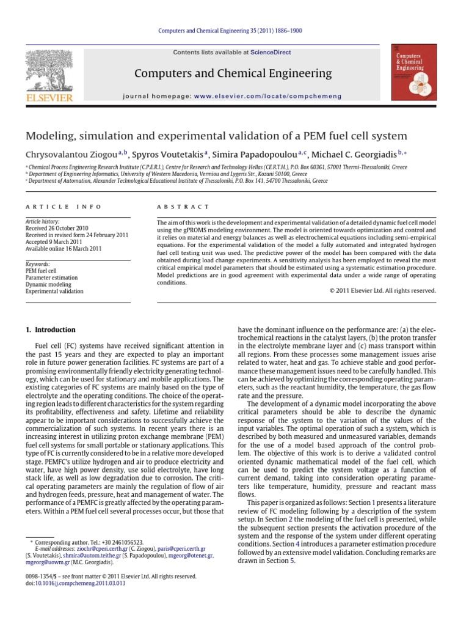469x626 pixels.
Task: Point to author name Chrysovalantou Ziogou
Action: tap(71, 152)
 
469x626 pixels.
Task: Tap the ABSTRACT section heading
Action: tap(183, 207)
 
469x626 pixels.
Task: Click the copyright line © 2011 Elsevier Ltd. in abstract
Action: tap(382, 291)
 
